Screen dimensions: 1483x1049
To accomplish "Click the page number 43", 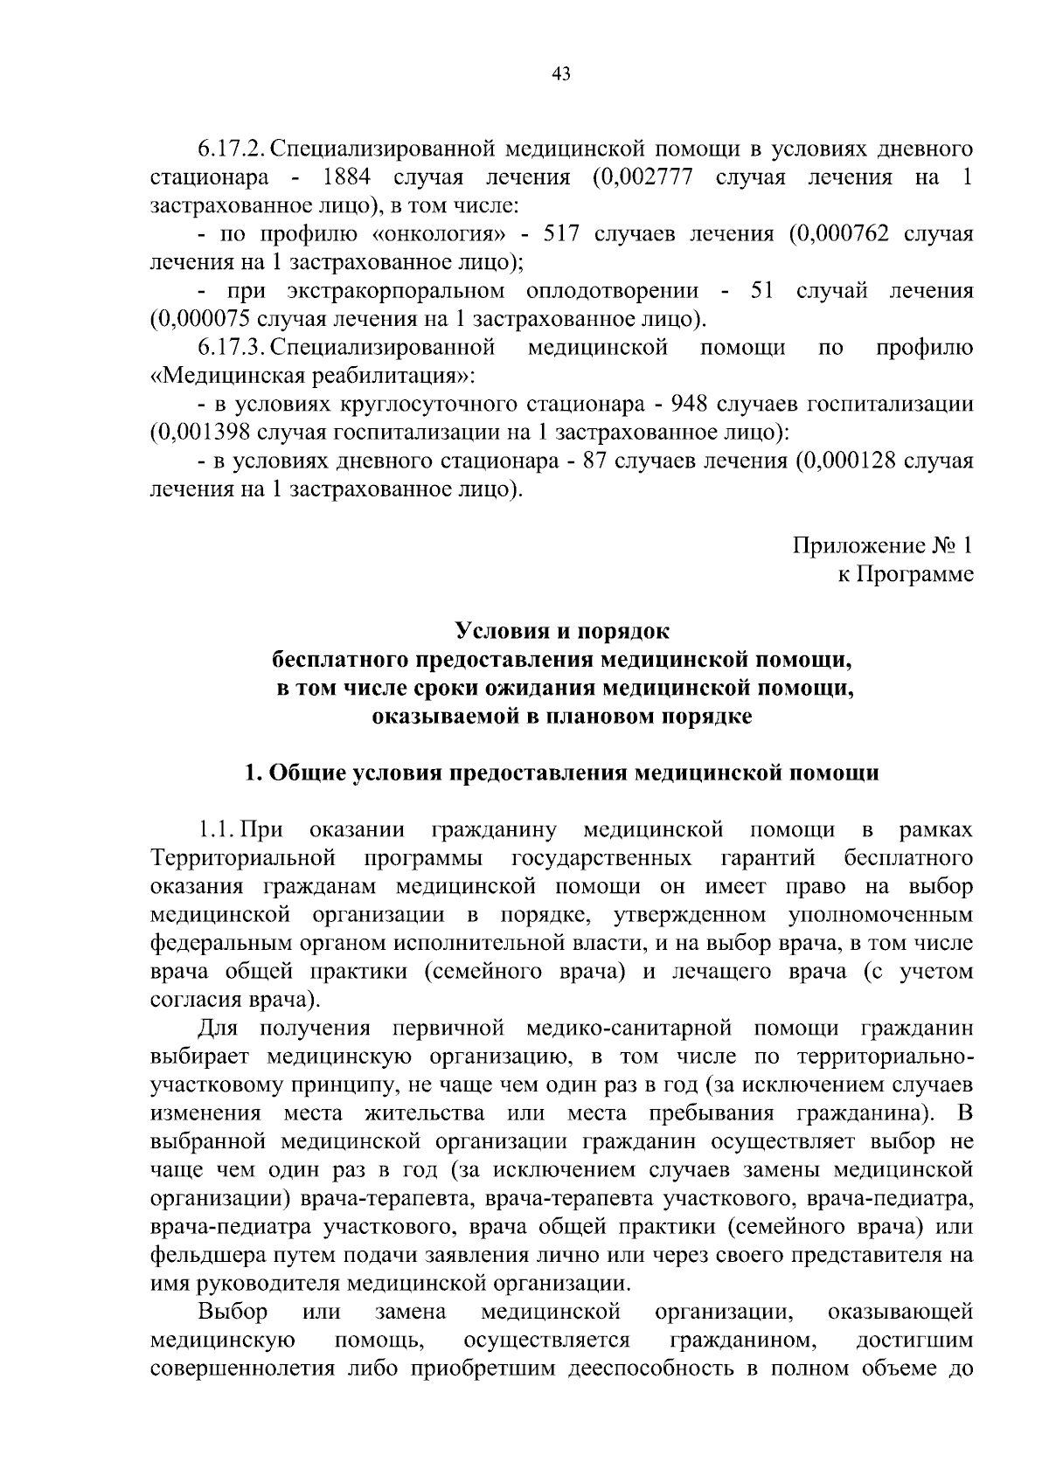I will point(561,74).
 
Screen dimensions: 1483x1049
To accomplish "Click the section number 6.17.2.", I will point(231,149).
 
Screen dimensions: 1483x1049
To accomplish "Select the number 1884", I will point(347,177).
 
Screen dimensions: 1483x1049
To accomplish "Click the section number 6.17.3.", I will point(231,348).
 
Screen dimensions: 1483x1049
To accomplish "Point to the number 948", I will point(688,405).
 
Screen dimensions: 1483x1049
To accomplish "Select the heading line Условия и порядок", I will point(561,632).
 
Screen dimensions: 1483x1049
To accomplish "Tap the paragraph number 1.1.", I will point(214,830).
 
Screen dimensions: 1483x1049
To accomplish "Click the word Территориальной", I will point(244,859).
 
